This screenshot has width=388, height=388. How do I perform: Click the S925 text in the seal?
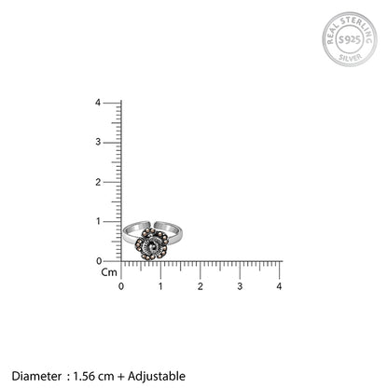pyautogui.click(x=350, y=40)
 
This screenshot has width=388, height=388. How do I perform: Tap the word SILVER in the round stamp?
pyautogui.click(x=351, y=58)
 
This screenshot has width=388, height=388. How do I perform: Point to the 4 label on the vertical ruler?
pyautogui.click(x=98, y=103)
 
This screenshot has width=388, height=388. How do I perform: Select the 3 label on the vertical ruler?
pyautogui.click(x=98, y=142)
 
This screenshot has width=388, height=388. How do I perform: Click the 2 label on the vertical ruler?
pyautogui.click(x=98, y=182)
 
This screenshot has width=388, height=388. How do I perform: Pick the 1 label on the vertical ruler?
pyautogui.click(x=99, y=221)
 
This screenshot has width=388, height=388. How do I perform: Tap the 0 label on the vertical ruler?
pyautogui.click(x=99, y=261)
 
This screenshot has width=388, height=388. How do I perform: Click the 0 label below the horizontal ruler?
pyautogui.click(x=121, y=286)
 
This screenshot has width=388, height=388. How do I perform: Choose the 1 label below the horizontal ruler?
pyautogui.click(x=160, y=286)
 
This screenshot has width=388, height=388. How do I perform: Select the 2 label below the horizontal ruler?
pyautogui.click(x=201, y=286)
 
